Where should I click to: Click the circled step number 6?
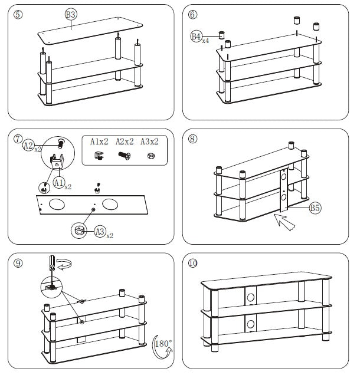[x=193, y=14]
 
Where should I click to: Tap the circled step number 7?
[x=18, y=139]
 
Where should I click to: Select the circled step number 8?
[x=193, y=139]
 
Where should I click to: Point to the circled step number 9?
[x=18, y=264]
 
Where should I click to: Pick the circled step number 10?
[x=193, y=263]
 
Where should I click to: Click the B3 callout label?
[x=71, y=14]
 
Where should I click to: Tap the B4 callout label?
[x=196, y=37]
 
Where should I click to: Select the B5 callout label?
[x=315, y=208]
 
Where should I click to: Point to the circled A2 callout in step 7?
[x=28, y=146]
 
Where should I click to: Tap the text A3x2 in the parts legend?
[x=152, y=142]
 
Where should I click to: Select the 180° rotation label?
[x=162, y=343]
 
